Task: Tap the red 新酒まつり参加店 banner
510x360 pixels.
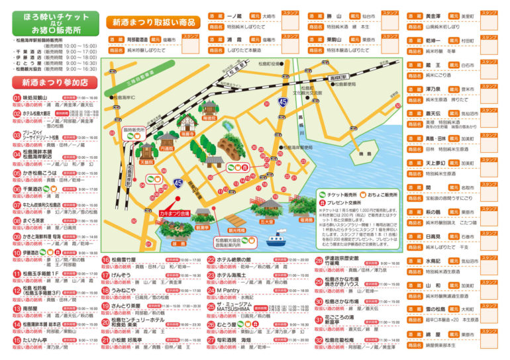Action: (54, 83)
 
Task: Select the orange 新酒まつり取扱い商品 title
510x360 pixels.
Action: (154, 22)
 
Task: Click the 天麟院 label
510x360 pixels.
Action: (146, 161)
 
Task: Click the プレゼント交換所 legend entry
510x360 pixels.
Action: (342, 202)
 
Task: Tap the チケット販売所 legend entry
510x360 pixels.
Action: (340, 195)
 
